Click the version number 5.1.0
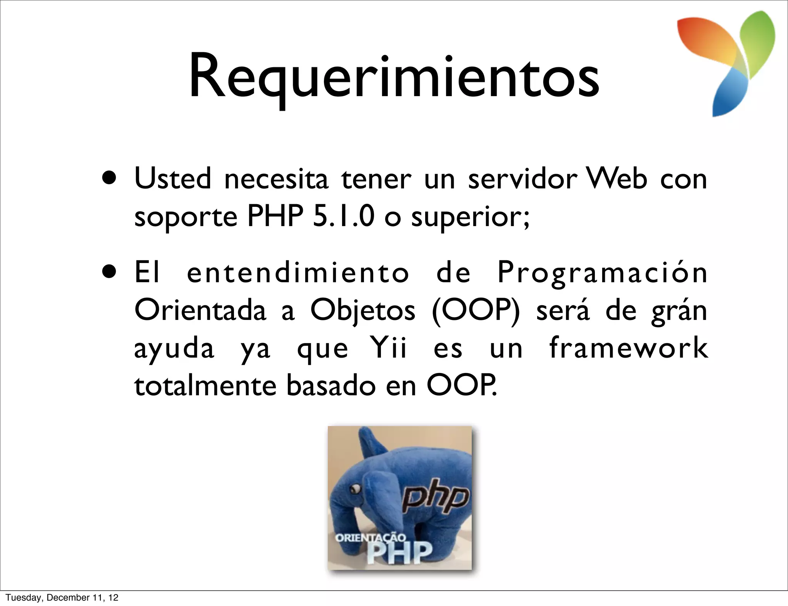[344, 216]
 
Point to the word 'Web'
[616, 179]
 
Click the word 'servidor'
[522, 179]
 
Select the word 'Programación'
[602, 272]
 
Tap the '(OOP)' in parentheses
[476, 310]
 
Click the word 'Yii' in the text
[388, 348]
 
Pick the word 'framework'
[628, 348]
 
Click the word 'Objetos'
[363, 311]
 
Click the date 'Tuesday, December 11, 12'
[62, 597]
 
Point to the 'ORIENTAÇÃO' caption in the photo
[370, 537]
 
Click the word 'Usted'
[173, 179]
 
